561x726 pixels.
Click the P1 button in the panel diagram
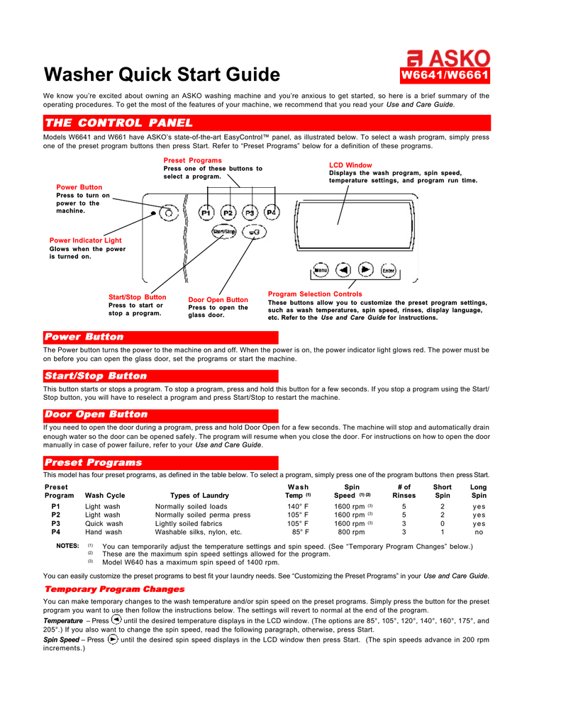206,212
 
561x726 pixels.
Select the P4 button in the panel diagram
272,212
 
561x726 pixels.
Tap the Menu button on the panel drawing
320,269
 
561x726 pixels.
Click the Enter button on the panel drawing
388,269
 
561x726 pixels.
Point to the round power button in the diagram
168,211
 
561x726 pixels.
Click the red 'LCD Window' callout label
350,165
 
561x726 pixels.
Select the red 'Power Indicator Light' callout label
85,240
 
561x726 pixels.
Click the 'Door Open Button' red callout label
218,300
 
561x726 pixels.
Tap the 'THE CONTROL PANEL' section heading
118,123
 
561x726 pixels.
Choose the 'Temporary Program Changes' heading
114,589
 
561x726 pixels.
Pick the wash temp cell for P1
298,507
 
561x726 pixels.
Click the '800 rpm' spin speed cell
351,532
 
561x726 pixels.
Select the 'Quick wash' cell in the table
104,523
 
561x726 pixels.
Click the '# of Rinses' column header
404,491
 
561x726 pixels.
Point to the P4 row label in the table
56,532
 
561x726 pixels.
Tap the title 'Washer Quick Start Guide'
162,74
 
